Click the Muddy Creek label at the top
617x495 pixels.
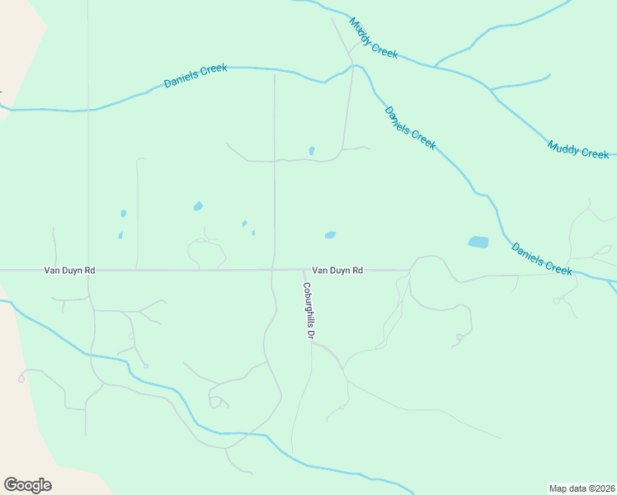click(373, 37)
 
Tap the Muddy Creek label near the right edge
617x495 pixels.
click(578, 149)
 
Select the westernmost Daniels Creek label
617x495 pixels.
click(195, 76)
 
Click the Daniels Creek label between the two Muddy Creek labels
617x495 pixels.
click(410, 127)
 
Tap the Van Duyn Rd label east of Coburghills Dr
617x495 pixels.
click(337, 270)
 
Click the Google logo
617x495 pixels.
click(27, 485)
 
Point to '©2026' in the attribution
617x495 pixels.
click(601, 488)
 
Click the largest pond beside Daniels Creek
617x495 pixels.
click(478, 243)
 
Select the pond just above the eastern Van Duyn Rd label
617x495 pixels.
click(330, 235)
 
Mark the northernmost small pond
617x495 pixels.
click(311, 151)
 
